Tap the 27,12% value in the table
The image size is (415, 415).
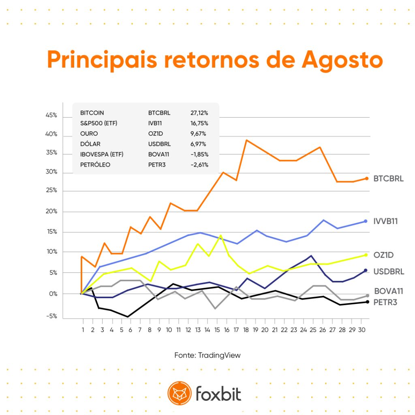pyautogui.click(x=199, y=113)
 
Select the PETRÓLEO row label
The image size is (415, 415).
pyautogui.click(x=95, y=165)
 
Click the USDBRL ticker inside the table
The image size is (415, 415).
pyautogui.click(x=159, y=144)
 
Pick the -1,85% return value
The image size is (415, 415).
pyautogui.click(x=199, y=154)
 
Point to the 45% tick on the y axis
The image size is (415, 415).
pyautogui.click(x=51, y=115)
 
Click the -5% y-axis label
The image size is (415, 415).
pyautogui.click(x=51, y=316)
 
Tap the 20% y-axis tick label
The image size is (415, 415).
pyautogui.click(x=51, y=211)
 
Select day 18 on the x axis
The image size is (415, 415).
pyautogui.click(x=246, y=330)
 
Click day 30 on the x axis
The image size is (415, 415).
pyautogui.click(x=362, y=330)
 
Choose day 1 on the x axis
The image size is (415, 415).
pyautogui.click(x=83, y=330)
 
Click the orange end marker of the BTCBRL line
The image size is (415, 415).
pyautogui.click(x=366, y=179)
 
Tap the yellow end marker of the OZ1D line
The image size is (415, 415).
pyautogui.click(x=366, y=255)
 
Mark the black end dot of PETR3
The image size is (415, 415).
pyautogui.click(x=367, y=302)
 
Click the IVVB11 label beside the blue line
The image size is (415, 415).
pyautogui.click(x=386, y=221)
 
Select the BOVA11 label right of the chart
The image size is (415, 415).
pyautogui.click(x=389, y=291)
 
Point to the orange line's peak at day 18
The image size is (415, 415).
pyautogui.click(x=247, y=140)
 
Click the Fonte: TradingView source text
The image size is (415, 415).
pyautogui.click(x=207, y=355)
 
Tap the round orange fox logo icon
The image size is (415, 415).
pyautogui.click(x=180, y=393)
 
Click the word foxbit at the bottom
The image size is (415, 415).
pyautogui.click(x=218, y=394)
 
